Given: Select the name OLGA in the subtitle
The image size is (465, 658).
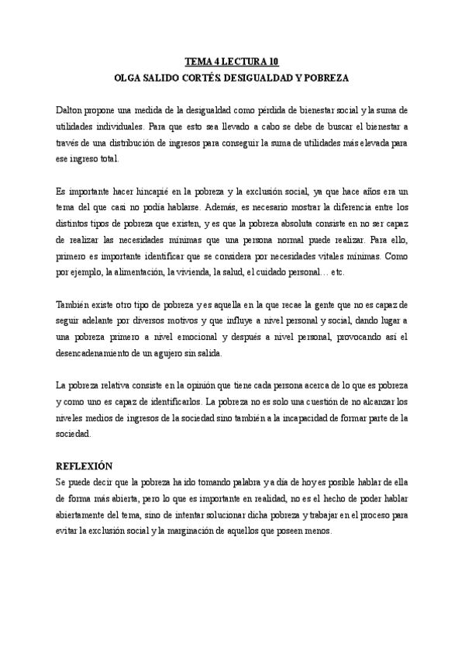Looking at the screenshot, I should pyautogui.click(x=128, y=78).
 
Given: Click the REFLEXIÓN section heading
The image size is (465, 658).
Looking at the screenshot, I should pyautogui.click(x=84, y=466).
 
